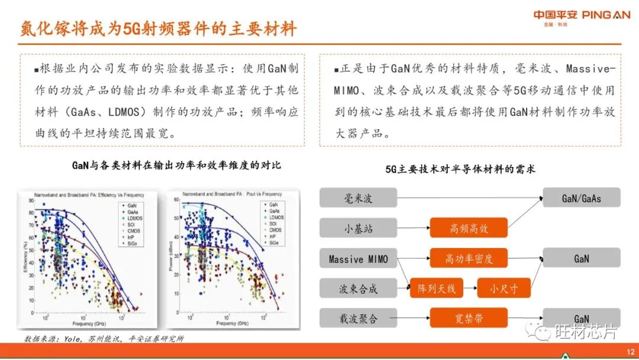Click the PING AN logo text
[x=606, y=15]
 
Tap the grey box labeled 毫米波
[x=358, y=198]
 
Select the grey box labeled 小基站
[x=358, y=228]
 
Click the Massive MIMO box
[x=358, y=259]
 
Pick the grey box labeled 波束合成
[x=358, y=289]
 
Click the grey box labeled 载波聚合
[x=358, y=319]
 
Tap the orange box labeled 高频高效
[x=469, y=228]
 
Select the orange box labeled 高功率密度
[x=469, y=259]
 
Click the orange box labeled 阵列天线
[x=435, y=289]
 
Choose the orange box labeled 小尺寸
[x=504, y=289]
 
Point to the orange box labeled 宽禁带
[x=469, y=319]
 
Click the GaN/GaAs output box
[x=581, y=198]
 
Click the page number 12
[x=630, y=350]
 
